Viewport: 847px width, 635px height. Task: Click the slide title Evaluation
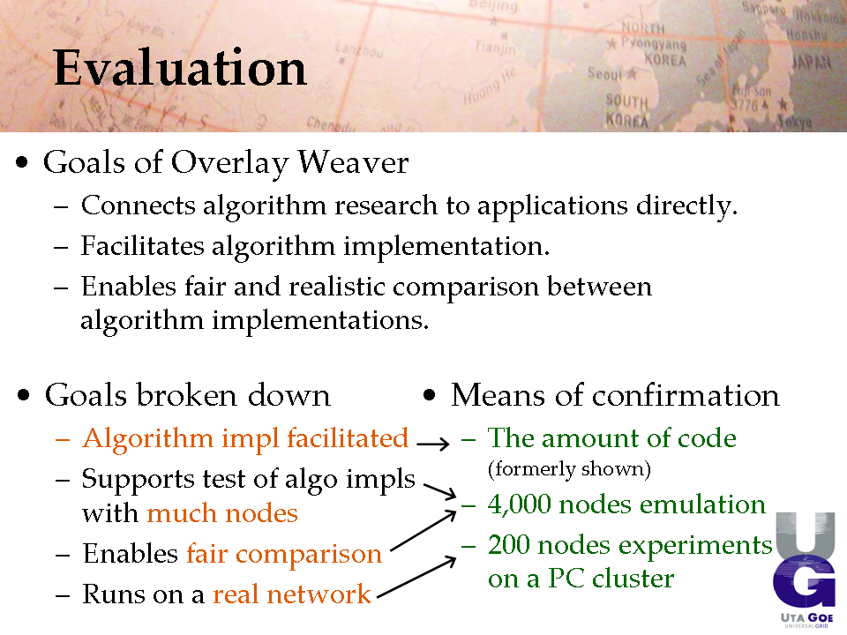point(180,68)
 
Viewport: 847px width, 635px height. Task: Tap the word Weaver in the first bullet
point(353,162)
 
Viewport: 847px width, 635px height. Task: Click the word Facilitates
point(143,246)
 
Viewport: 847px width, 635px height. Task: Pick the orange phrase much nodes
point(222,513)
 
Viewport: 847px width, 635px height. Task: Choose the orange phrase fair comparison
point(284,554)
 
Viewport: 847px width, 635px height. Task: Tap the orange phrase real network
point(292,594)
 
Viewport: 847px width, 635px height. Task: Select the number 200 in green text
point(508,544)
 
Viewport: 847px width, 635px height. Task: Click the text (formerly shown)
point(569,469)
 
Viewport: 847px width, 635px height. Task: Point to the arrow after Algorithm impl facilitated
point(433,444)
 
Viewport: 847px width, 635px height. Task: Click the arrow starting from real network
point(416,578)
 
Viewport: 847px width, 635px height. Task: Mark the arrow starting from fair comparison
point(423,531)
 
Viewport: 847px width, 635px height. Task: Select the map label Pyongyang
point(653,43)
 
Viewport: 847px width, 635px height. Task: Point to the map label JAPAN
point(812,62)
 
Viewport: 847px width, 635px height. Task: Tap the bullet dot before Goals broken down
point(23,395)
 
